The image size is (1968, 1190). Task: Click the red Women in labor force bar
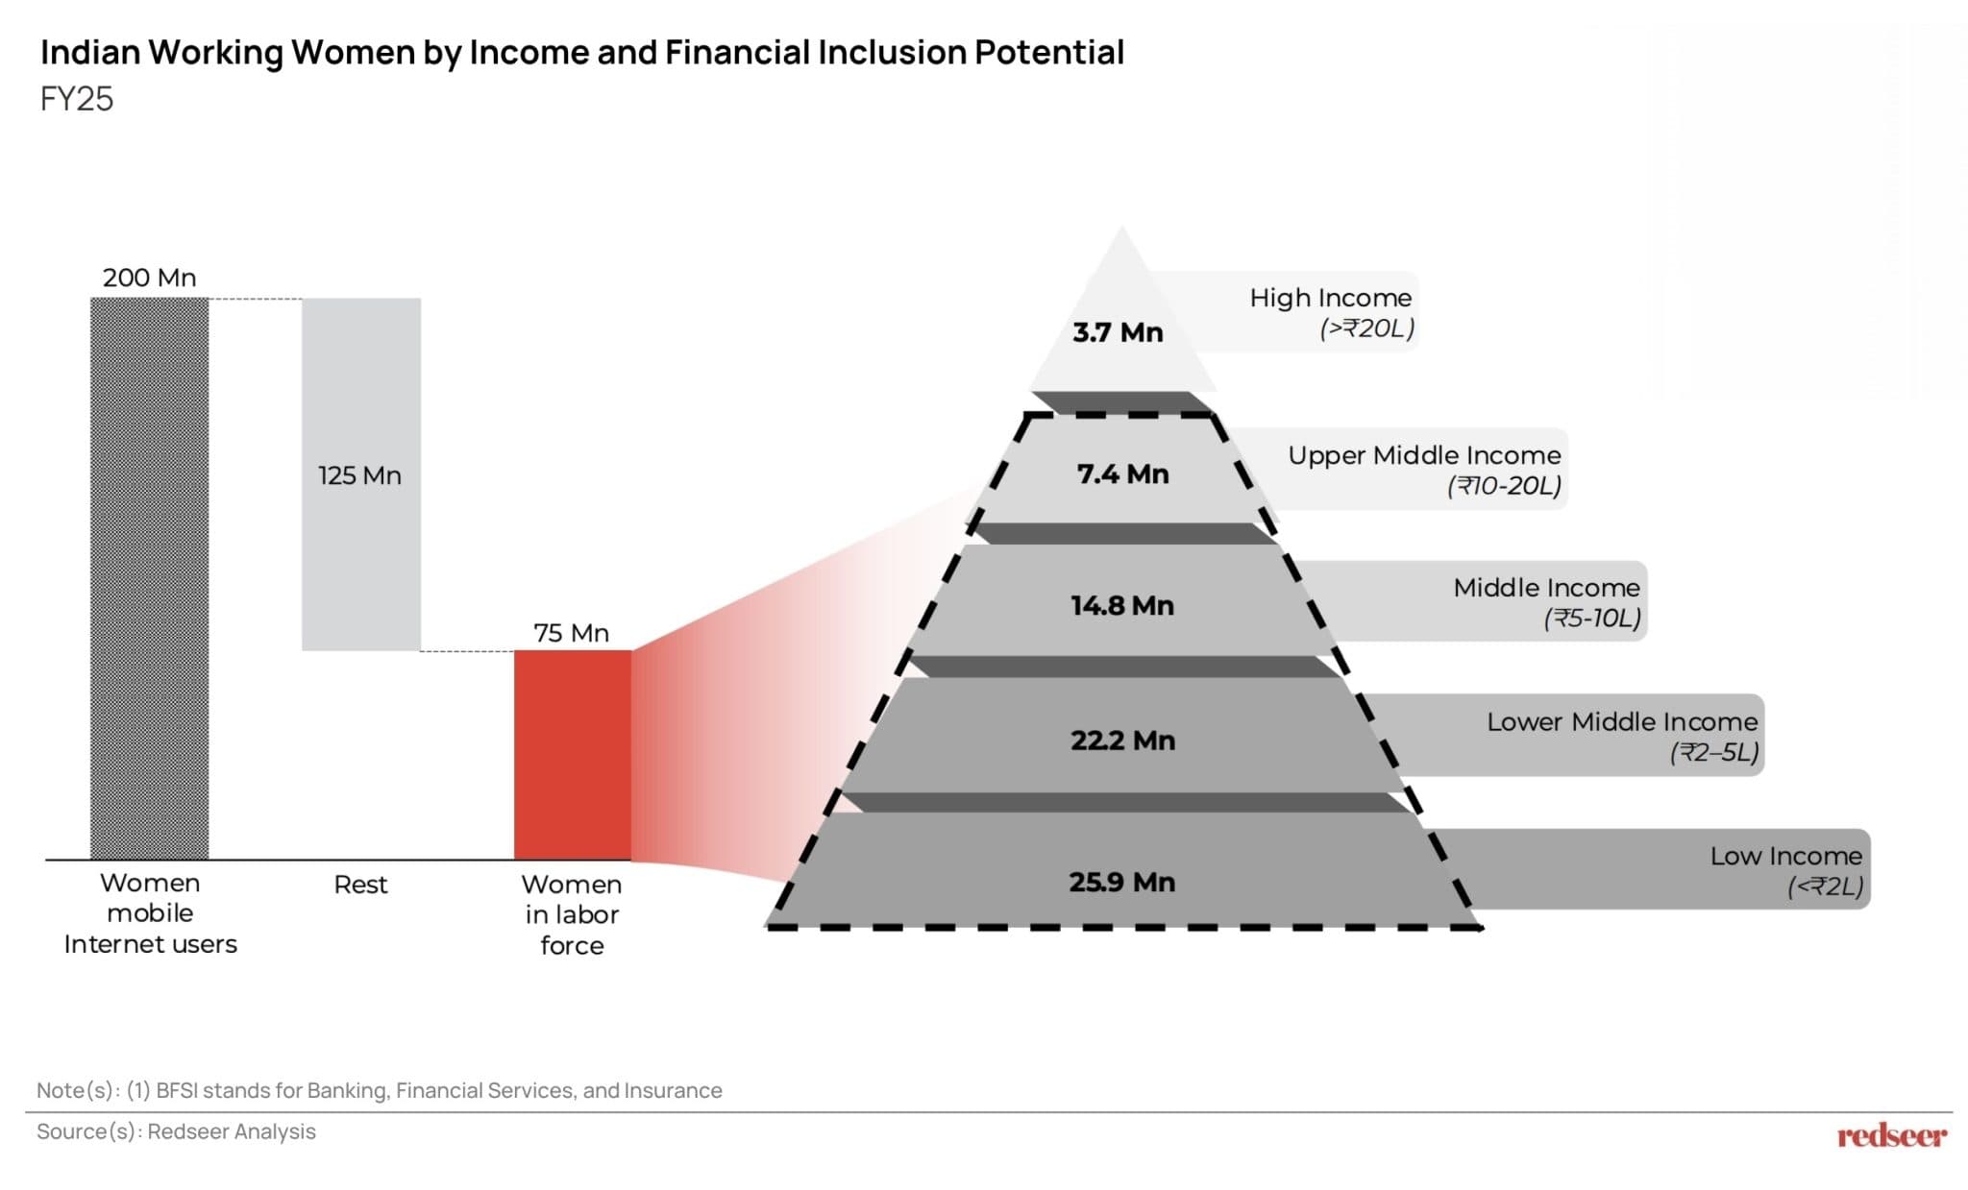573,755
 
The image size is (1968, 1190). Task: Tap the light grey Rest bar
361,557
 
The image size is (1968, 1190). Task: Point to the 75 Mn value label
572,633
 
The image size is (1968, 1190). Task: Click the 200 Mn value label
150,278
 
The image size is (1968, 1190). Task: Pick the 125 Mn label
360,475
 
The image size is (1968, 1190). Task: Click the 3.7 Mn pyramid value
1118,332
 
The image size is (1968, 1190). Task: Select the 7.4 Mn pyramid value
1122,474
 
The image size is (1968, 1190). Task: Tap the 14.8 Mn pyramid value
1122,605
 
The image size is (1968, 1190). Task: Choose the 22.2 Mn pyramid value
1122,741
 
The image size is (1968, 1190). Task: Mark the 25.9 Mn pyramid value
1122,882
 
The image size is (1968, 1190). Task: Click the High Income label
1331,298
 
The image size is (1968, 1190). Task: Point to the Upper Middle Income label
1424,455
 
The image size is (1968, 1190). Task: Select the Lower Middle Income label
1622,721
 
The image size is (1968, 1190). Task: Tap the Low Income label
1785,856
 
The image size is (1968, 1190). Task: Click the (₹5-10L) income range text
1592,618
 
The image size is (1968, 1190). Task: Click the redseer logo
1891,1136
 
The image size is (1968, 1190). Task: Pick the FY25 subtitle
77,99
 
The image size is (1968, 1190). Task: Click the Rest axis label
360,885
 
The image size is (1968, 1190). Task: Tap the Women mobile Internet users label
150,913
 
